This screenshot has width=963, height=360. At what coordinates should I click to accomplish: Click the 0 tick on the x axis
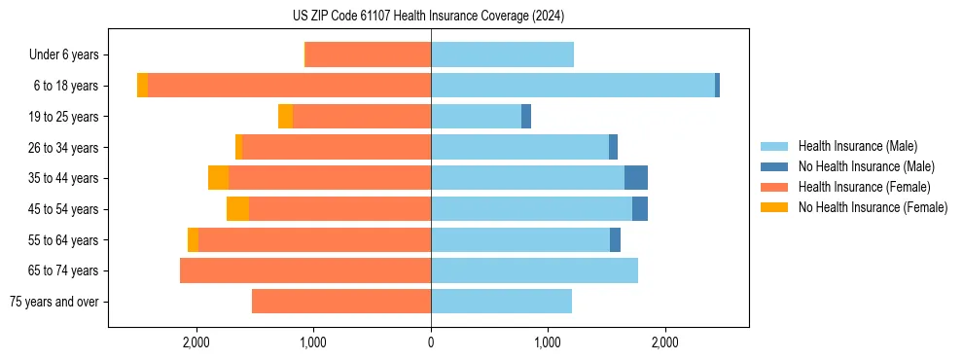[431, 342]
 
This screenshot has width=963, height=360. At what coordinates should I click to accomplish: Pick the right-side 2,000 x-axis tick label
[664, 342]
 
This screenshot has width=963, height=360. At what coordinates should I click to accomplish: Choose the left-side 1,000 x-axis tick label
[313, 342]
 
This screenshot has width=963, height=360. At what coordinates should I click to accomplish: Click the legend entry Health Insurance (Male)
[857, 146]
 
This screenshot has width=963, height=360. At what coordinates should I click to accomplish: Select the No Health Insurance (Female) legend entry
[873, 207]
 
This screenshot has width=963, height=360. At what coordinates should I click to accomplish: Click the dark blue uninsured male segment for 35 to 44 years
[636, 178]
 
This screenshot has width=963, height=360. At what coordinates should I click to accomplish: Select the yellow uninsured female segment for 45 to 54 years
[237, 209]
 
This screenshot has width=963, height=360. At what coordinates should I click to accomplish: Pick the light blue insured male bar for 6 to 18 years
[573, 86]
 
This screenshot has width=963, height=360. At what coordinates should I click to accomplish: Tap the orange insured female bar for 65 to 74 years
[305, 270]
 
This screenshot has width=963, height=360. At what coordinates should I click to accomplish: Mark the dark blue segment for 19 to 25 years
[526, 117]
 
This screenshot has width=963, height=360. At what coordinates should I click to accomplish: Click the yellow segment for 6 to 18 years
[142, 86]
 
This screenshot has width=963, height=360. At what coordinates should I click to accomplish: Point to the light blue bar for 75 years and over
[501, 302]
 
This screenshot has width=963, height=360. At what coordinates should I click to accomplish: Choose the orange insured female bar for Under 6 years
[369, 54]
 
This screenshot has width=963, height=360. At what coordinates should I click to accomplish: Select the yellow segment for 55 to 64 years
[193, 240]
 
